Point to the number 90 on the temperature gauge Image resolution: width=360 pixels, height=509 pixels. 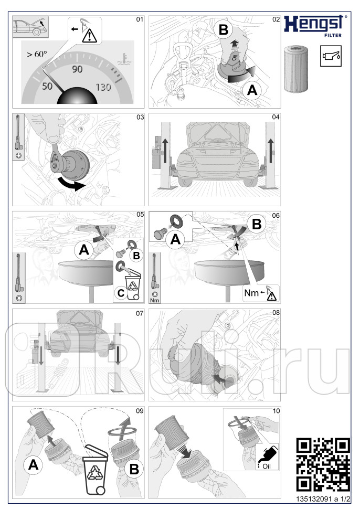point(77,69)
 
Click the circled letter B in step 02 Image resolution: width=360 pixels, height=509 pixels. point(224,30)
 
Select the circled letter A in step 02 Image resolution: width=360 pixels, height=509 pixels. point(252,90)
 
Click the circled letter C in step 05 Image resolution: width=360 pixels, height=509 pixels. point(121,294)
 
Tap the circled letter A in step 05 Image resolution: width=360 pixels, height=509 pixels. point(83,250)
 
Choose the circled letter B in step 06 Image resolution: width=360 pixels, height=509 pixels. point(257,225)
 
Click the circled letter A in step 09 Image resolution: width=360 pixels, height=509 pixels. point(32,464)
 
